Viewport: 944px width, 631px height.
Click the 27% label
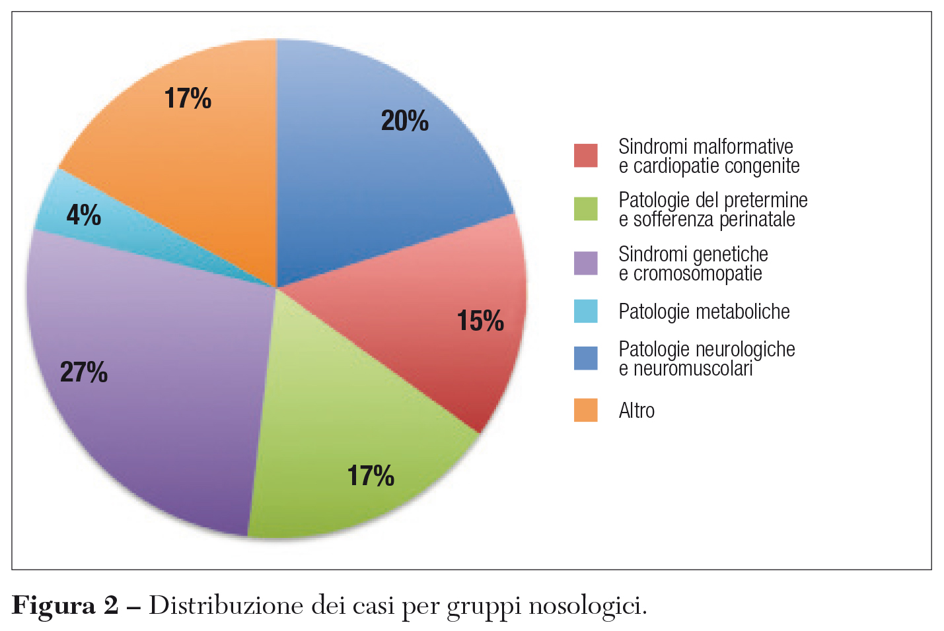[x=84, y=372]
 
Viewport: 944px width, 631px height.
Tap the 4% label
[x=84, y=215]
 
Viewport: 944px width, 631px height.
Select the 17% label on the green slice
[x=371, y=476]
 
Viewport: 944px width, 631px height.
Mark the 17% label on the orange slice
[x=188, y=99]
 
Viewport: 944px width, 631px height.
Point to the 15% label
[x=480, y=321]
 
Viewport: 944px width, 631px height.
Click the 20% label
[x=404, y=121]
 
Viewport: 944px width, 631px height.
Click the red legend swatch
[x=585, y=156]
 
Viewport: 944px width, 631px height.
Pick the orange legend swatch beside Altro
[x=585, y=410]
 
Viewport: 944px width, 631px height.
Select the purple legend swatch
[x=585, y=263]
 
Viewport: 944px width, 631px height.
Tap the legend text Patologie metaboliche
[x=704, y=312]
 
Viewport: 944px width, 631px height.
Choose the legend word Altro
[x=637, y=411]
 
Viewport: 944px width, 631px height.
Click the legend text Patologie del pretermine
[x=713, y=200]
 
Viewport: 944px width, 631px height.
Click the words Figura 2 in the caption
[x=65, y=605]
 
